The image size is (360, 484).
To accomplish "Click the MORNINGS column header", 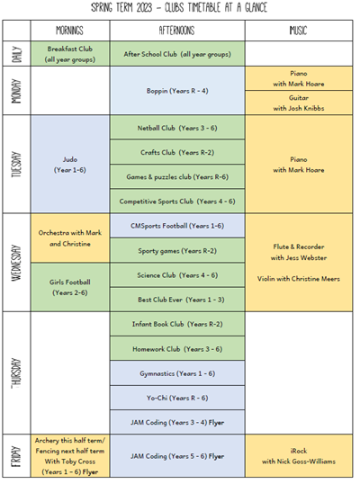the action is point(70,31).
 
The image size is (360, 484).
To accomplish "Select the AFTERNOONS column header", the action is point(177,31).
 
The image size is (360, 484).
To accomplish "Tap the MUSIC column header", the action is point(298,31).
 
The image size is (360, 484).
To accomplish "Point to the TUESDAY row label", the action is point(17,165).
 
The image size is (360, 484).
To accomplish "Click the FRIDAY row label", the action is point(17,456).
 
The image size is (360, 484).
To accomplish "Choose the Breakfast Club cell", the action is point(70,54).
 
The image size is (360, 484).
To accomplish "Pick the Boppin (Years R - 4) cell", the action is point(177,91).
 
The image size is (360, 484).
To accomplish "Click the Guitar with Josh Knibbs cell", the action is point(299,103).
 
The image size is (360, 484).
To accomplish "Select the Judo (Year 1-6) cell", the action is point(70,165).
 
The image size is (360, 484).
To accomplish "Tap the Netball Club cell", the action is point(177,128).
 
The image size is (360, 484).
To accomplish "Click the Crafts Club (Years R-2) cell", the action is point(177,152).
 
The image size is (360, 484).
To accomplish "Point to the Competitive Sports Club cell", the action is point(177,202).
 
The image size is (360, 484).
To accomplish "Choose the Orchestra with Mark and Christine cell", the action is point(70,238).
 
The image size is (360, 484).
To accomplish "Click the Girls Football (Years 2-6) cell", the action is point(70,287).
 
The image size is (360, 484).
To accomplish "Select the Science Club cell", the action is point(177,275).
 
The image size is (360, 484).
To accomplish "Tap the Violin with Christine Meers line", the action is point(299,279).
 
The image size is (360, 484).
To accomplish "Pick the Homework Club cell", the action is point(177,349).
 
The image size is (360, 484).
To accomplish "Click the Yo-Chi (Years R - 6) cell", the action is point(177,398).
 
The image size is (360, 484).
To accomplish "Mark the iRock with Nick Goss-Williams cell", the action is point(299,456).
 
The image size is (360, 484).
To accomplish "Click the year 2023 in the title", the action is point(144,7).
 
